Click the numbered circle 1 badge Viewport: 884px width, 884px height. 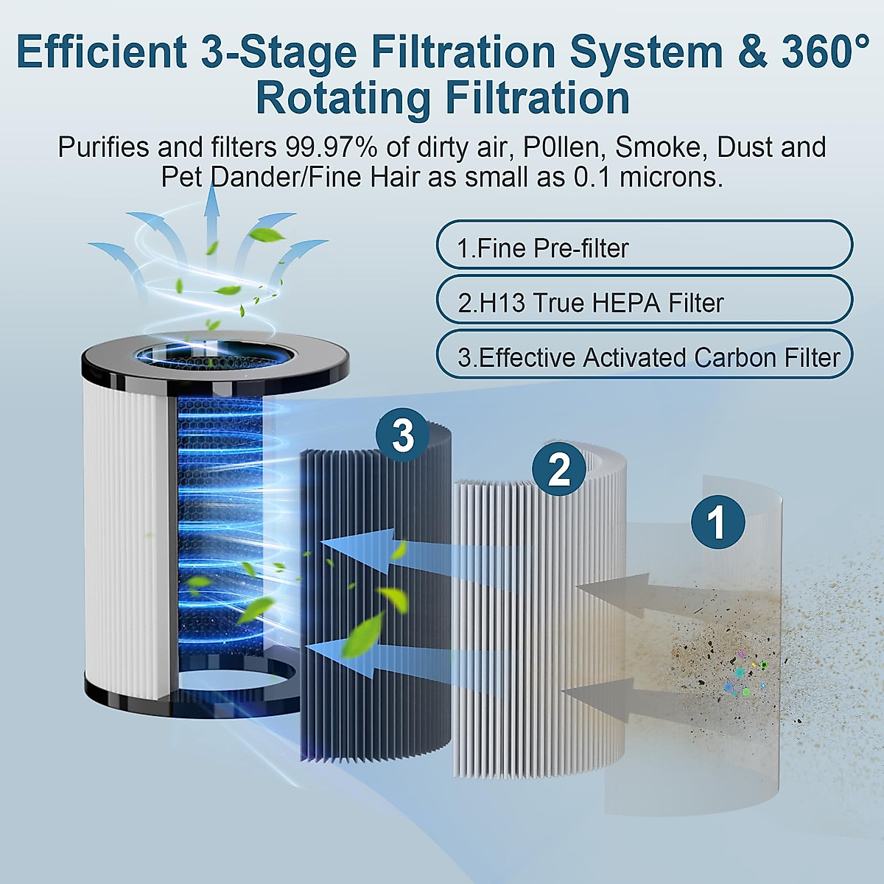718,522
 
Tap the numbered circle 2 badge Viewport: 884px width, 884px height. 559,469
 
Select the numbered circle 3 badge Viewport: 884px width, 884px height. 403,435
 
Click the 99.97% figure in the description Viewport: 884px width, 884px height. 331,147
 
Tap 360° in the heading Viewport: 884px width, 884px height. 825,52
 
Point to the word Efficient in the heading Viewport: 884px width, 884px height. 101,52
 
